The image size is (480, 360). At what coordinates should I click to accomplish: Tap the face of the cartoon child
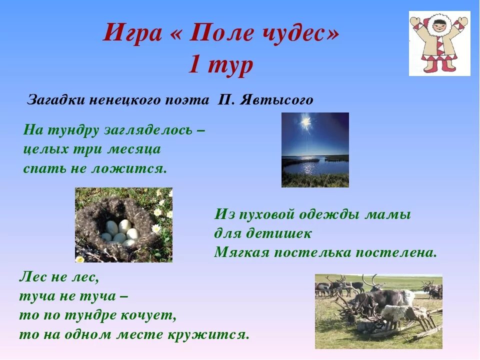pyautogui.click(x=439, y=25)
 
